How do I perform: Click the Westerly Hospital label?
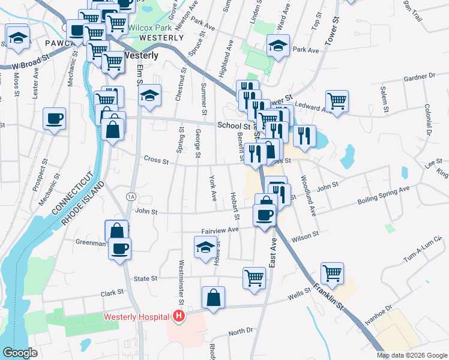tap(137, 317)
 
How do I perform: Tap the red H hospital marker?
tap(178, 316)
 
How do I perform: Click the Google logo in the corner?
tap(20, 353)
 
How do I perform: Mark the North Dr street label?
tap(241, 332)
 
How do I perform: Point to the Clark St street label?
tap(112, 292)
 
